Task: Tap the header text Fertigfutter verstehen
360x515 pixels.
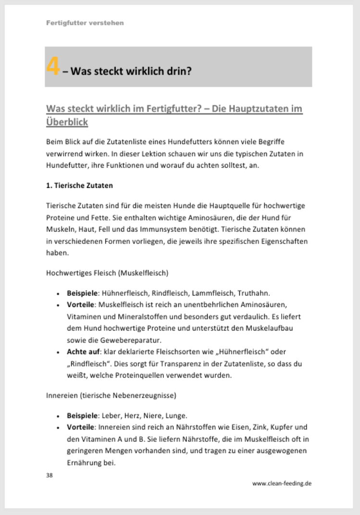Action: (x=85, y=23)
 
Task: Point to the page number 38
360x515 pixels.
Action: (x=50, y=476)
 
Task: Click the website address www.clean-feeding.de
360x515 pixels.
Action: (x=282, y=484)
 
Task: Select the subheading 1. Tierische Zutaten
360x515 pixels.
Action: (x=79, y=184)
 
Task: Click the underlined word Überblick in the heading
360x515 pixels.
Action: (x=67, y=122)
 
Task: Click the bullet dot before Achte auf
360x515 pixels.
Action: (x=58, y=353)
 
